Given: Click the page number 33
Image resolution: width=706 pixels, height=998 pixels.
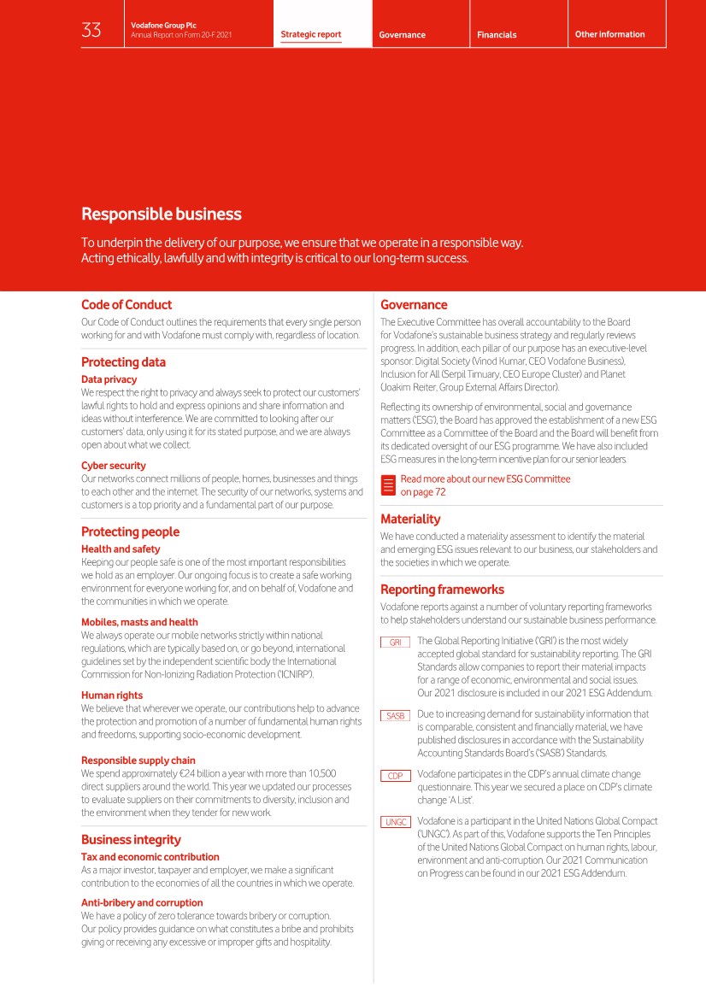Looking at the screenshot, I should click(x=91, y=31).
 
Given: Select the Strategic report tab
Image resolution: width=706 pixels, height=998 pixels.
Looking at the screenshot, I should click(x=311, y=35).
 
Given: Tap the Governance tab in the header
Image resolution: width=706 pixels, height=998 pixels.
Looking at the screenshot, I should click(x=403, y=35).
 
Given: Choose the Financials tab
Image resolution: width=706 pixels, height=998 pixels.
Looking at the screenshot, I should click(x=497, y=35).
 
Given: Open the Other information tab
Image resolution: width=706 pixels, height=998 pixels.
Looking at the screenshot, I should click(x=610, y=34).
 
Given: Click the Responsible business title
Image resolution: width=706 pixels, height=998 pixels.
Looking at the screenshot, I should click(x=162, y=214).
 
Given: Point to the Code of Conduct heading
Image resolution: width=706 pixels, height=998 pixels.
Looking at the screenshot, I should click(x=126, y=305).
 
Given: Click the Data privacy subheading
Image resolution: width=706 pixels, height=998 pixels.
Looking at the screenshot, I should click(x=109, y=379).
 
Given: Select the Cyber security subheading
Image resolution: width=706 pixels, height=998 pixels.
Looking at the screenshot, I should click(x=114, y=466).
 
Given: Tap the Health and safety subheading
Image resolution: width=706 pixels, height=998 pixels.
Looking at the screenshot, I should click(x=121, y=549).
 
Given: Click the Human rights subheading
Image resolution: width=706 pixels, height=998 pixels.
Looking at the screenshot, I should click(x=112, y=696).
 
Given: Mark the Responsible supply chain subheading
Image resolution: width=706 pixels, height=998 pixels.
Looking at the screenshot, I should click(x=138, y=760).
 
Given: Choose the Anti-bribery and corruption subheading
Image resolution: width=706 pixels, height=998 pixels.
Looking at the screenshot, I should click(x=142, y=902).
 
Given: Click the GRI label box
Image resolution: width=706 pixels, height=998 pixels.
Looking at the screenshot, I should click(x=395, y=643).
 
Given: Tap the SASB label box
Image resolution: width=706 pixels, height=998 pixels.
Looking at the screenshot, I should click(x=395, y=716).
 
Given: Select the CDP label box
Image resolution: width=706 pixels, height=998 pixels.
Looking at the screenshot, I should click(x=395, y=776).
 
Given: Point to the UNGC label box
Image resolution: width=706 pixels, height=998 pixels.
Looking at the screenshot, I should click(x=395, y=823).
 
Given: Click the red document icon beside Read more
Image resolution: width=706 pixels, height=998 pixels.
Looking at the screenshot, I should click(x=388, y=486).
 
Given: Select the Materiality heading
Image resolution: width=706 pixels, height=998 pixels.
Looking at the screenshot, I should click(x=410, y=519).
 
